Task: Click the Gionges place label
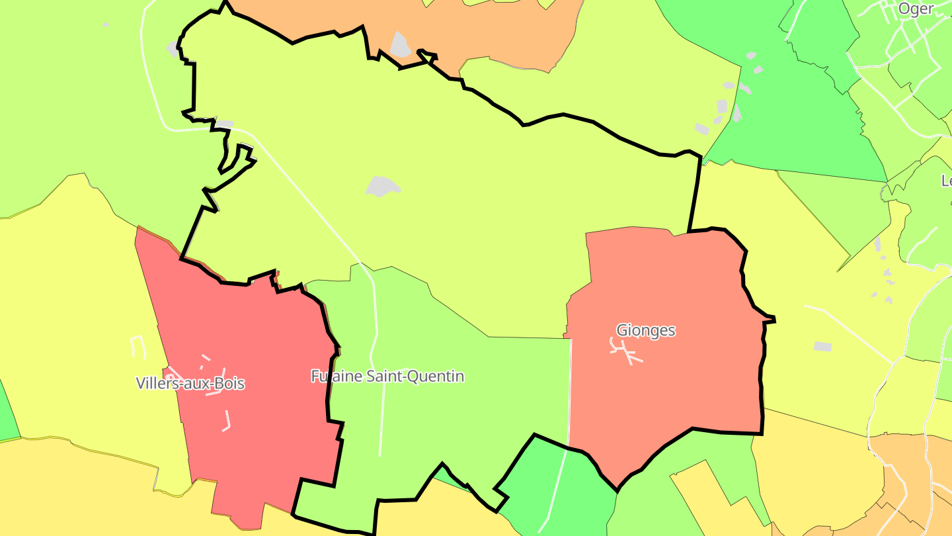645,330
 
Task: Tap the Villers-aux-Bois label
190,383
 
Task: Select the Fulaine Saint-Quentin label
387,377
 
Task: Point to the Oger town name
916,9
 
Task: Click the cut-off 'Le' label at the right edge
946,180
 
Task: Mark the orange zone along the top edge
502,33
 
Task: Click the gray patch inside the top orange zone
400,45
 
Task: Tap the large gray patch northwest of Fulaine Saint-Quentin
383,186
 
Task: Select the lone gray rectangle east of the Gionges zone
822,346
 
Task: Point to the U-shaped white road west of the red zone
138,346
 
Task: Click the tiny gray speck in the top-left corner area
106,24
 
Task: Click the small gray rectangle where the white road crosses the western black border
225,124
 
